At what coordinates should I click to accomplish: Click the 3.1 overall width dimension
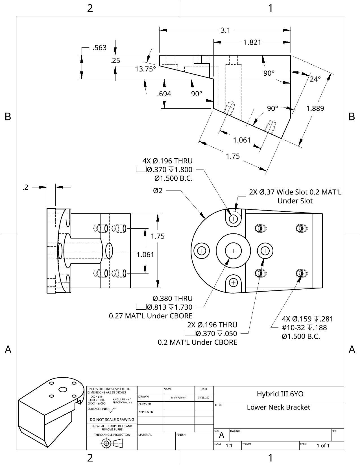[225, 30]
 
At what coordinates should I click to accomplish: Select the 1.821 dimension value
[252, 42]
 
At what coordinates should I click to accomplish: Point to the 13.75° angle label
[145, 69]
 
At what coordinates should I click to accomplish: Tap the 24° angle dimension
[315, 79]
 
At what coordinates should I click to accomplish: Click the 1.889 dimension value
[315, 108]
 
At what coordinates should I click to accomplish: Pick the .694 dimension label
[164, 94]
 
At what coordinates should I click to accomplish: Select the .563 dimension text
[100, 48]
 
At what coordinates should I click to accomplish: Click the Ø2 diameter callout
[158, 191]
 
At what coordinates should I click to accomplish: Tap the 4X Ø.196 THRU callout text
[167, 161]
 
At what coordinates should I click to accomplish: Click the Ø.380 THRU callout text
[173, 298]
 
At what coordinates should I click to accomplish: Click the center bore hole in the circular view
[233, 251]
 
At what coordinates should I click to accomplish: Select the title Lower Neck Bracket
[278, 407]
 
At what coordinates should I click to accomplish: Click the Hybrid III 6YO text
[280, 394]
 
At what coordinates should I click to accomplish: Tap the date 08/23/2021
[204, 398]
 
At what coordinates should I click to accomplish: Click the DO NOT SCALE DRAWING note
[112, 420]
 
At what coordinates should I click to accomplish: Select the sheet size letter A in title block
[222, 436]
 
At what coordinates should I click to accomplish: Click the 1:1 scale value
[229, 446]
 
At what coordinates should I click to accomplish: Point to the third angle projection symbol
[112, 443]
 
